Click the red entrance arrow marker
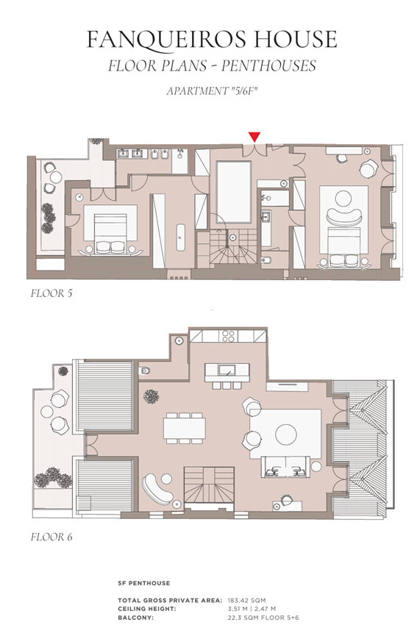point(254,137)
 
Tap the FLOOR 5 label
point(51,293)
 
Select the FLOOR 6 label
point(51,537)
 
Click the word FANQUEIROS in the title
point(166,40)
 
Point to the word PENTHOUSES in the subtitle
point(268,66)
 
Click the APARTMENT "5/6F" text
point(212,91)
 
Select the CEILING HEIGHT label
point(147,609)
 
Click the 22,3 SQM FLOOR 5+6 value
point(263,618)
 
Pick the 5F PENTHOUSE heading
point(143,583)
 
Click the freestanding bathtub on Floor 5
point(180,237)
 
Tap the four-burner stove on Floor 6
point(228,336)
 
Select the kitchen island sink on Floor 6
point(227,369)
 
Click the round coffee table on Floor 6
point(286,434)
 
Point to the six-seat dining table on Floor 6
point(184,428)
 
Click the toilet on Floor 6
point(144,371)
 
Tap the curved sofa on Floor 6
point(157,488)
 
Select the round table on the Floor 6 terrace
point(47,412)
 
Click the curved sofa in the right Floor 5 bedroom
point(344,216)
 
